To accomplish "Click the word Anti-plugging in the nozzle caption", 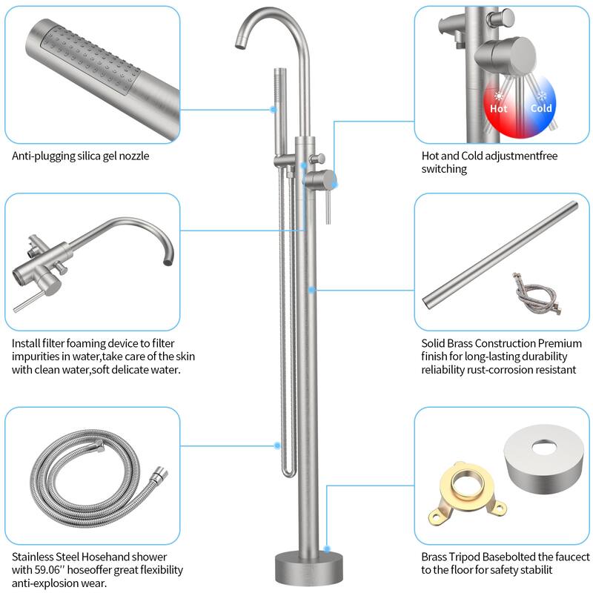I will pyautogui.click(x=43, y=156).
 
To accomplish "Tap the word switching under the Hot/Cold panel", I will pyautogui.click(x=445, y=169).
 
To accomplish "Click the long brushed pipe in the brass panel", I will pyautogui.click(x=500, y=251).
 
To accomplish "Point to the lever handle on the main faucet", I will pyautogui.click(x=325, y=204).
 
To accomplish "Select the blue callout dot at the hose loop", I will pyautogui.click(x=277, y=446).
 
